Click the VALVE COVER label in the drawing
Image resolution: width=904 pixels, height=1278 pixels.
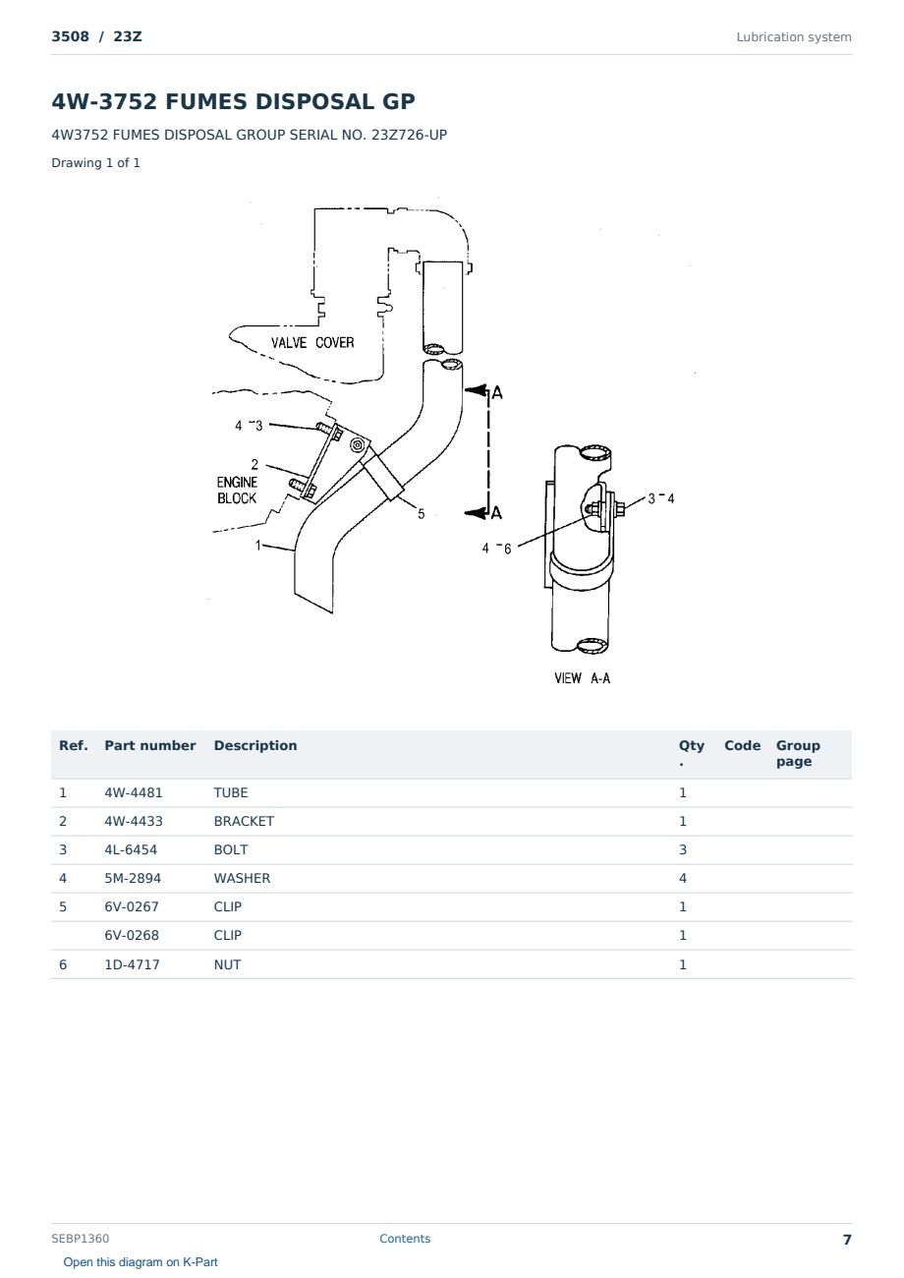click(312, 342)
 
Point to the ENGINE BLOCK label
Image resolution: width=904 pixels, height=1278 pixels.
click(237, 491)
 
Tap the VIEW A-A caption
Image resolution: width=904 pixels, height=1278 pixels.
click(583, 677)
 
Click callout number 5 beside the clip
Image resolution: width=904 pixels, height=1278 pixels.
click(421, 513)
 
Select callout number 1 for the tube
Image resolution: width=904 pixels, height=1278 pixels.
click(257, 546)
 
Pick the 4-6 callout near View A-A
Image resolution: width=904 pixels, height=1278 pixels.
click(497, 549)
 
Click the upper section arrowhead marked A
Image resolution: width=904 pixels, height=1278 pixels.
click(476, 390)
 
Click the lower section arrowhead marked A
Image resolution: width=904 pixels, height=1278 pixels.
click(476, 513)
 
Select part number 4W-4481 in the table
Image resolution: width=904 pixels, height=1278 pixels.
click(134, 792)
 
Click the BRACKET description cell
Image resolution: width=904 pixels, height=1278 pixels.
click(244, 821)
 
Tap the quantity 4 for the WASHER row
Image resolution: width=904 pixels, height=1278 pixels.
click(683, 878)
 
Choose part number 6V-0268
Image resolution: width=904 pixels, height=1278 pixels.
click(132, 935)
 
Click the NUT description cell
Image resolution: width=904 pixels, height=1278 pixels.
click(227, 964)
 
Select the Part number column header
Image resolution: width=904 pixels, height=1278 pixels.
click(150, 746)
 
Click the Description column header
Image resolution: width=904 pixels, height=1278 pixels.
click(255, 746)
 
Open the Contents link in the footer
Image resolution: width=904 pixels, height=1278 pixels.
click(405, 1239)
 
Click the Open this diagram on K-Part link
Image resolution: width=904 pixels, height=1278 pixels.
click(141, 1262)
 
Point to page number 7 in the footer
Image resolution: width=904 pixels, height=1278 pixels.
click(847, 1240)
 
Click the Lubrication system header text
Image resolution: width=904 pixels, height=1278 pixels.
click(794, 37)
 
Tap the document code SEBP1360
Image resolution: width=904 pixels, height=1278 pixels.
click(80, 1239)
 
